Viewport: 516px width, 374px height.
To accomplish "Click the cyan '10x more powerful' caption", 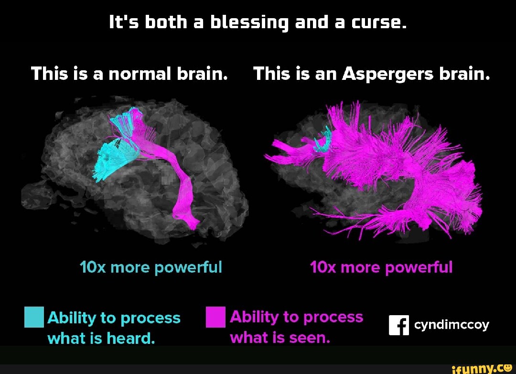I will click(151, 267).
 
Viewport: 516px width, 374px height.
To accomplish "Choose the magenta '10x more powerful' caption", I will click(381, 267).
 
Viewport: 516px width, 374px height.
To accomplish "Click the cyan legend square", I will click(33, 317).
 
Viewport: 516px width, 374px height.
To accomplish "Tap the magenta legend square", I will click(215, 317).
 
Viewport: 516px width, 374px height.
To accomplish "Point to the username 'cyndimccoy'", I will click(451, 325).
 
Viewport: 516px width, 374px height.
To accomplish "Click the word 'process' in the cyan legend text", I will click(150, 318).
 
